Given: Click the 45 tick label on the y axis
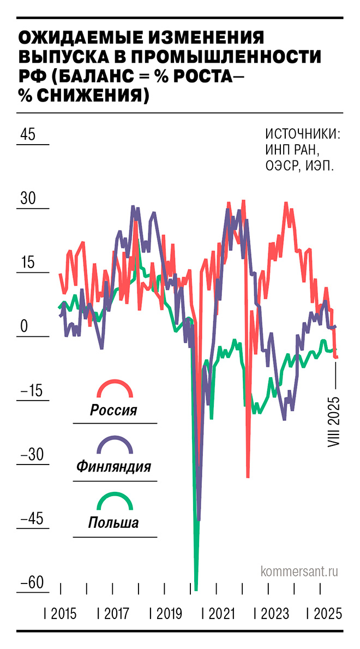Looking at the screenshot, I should click(x=28, y=134).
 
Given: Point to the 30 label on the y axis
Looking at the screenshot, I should click(x=28, y=199).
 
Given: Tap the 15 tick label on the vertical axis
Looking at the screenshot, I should click(x=28, y=263).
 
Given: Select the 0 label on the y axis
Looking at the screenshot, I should click(x=24, y=326).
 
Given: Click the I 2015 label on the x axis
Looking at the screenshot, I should click(x=60, y=614).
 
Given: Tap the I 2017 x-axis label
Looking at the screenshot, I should click(x=113, y=614).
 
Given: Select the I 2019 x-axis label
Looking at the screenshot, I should click(x=166, y=614).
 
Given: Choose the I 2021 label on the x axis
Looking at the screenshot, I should click(x=219, y=614).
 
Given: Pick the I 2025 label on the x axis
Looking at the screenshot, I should click(x=325, y=614).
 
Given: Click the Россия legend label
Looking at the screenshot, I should click(x=113, y=410).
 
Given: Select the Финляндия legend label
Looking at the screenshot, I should click(x=113, y=467).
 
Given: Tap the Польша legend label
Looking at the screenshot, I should click(x=113, y=523).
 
